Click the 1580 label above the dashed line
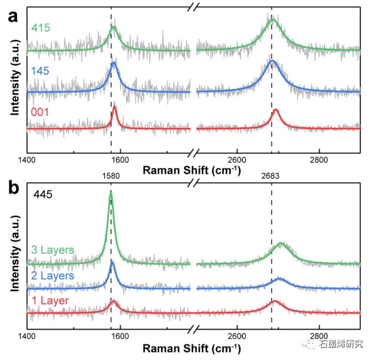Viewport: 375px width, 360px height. (111, 175)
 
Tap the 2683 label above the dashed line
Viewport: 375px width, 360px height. (271, 175)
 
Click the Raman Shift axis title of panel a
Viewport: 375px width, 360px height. (192, 170)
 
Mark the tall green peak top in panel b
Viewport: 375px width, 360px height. (111, 192)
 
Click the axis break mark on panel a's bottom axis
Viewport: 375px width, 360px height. (193, 153)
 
